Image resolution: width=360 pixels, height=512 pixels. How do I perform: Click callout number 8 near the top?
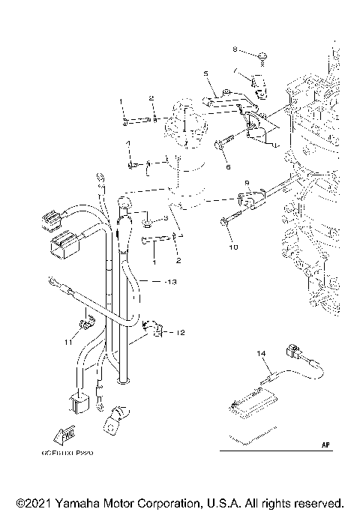tap(234, 50)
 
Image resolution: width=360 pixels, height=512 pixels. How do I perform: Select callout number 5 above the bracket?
tap(203, 73)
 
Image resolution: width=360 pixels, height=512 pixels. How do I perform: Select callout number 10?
tap(232, 246)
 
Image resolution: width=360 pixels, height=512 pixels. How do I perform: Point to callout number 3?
tap(166, 217)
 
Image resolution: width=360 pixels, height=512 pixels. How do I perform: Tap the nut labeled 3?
tap(150, 220)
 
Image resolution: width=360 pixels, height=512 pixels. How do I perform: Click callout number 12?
tap(181, 331)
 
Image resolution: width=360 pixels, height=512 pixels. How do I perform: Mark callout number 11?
tap(67, 342)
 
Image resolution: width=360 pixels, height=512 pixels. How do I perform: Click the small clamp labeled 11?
tap(85, 325)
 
